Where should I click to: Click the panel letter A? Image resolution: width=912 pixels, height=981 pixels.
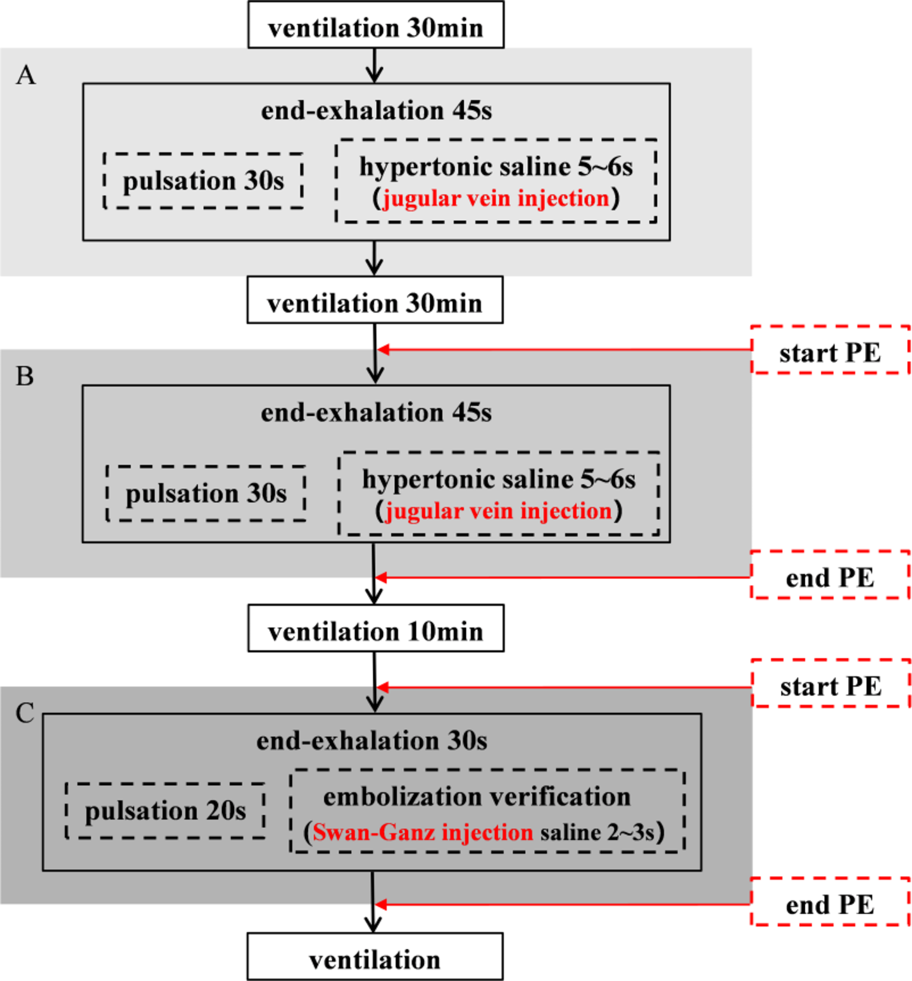pyautogui.click(x=26, y=75)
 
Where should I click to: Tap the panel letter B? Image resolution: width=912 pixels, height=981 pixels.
pyautogui.click(x=25, y=376)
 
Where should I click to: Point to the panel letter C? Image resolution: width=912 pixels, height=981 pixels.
pyautogui.click(x=25, y=713)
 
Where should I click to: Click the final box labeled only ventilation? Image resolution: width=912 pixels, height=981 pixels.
pyautogui.click(x=375, y=957)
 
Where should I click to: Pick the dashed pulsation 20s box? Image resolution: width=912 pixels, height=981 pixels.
pyautogui.click(x=165, y=811)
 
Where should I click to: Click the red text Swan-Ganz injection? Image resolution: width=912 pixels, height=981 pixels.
pyautogui.click(x=423, y=832)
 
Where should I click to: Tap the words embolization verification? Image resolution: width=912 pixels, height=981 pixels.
pyautogui.click(x=477, y=797)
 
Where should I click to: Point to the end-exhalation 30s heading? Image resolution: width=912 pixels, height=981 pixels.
pyautogui.click(x=372, y=741)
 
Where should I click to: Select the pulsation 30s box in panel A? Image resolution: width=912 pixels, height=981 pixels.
pyautogui.click(x=203, y=181)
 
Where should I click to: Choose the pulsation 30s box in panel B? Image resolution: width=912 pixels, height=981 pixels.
pyautogui.click(x=206, y=493)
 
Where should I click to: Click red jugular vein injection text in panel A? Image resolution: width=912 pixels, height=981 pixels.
pyautogui.click(x=496, y=199)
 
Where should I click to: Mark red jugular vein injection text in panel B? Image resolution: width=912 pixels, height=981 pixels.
pyautogui.click(x=499, y=511)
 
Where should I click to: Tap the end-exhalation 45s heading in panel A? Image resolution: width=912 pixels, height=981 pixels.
pyautogui.click(x=376, y=111)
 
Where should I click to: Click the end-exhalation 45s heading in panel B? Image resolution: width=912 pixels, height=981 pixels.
pyautogui.click(x=376, y=412)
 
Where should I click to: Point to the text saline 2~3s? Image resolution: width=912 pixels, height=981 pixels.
pyautogui.click(x=597, y=832)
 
